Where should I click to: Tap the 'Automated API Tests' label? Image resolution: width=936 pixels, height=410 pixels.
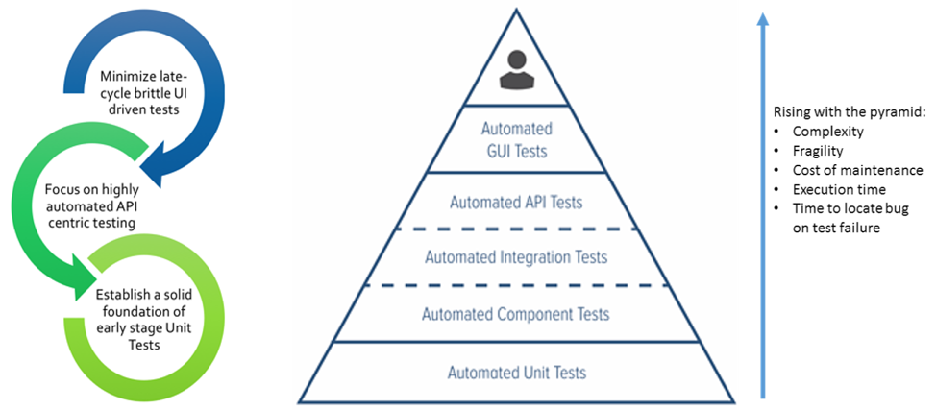516,203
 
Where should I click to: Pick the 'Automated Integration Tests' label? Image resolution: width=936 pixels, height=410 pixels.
516,257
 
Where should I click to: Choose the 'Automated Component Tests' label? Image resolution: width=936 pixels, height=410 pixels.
516,314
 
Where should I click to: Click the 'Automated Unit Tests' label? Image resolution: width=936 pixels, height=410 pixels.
516,372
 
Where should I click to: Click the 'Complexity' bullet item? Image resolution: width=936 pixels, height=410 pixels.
825,131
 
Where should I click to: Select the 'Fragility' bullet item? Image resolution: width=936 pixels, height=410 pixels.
817,151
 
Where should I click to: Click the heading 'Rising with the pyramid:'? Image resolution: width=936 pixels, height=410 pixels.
835,111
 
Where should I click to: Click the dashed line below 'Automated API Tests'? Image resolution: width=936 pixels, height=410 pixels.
516,229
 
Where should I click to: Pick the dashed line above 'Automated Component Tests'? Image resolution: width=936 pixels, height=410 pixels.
516,285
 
